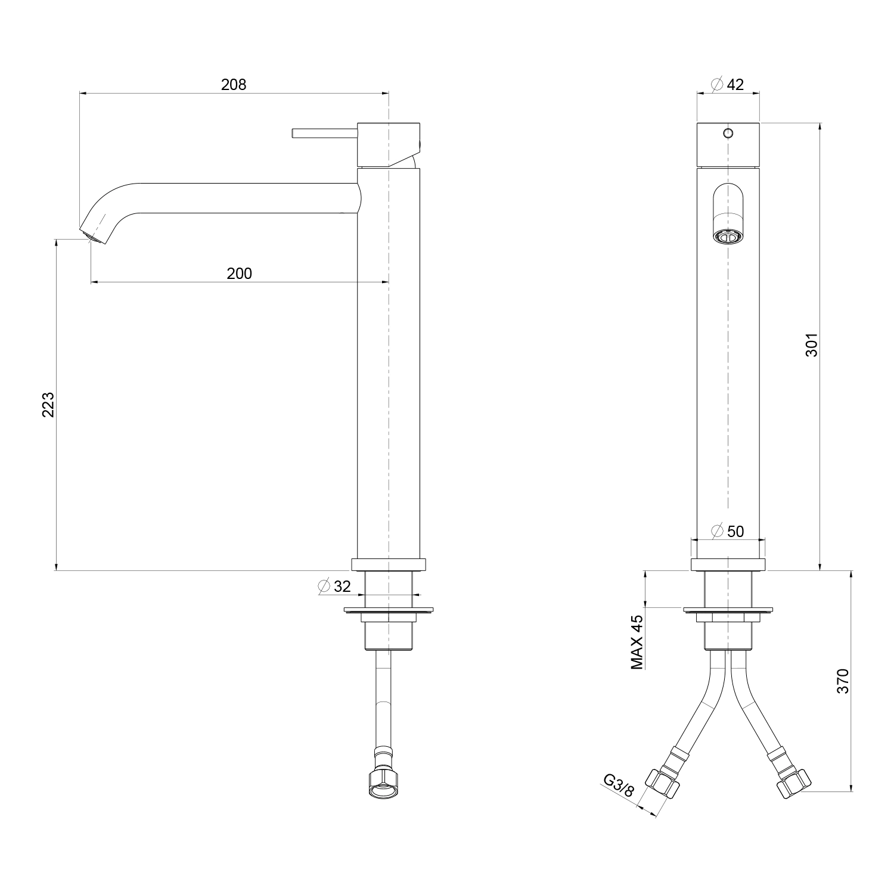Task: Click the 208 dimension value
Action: [x=234, y=85]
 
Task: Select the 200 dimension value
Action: [x=240, y=274]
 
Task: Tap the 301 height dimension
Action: [x=811, y=344]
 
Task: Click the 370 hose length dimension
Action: [x=842, y=681]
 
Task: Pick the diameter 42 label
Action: [x=728, y=85]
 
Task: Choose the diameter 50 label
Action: [x=728, y=530]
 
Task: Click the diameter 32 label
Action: [x=334, y=586]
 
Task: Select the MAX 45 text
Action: [x=637, y=642]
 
